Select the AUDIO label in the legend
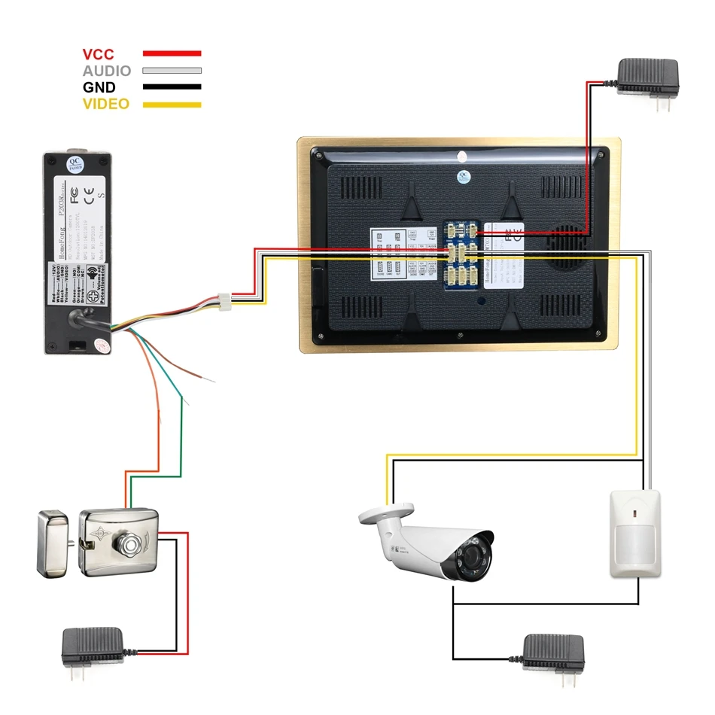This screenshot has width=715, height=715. tap(106, 71)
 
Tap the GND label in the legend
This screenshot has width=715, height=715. tap(99, 87)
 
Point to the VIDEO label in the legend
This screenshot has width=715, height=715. tap(106, 104)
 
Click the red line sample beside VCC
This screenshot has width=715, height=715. tap(172, 54)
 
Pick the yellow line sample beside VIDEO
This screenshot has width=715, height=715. tap(172, 104)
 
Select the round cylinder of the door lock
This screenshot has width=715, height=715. tap(129, 543)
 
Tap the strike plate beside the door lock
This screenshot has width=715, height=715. tap(53, 544)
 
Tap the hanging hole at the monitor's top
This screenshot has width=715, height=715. tap(462, 157)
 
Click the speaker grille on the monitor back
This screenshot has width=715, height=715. tap(568, 248)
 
